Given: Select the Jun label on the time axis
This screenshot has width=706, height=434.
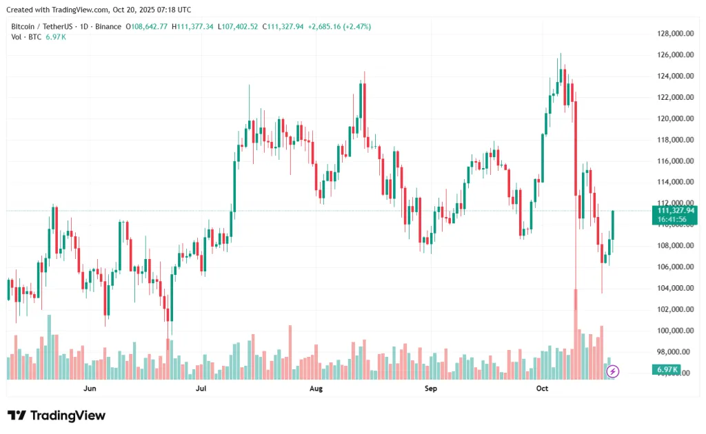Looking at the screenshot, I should click(x=90, y=389).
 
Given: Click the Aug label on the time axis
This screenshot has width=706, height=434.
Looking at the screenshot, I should click(x=316, y=389).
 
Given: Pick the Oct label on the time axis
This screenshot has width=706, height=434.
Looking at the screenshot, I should click(x=542, y=389).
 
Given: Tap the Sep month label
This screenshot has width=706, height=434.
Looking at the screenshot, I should click(x=431, y=389).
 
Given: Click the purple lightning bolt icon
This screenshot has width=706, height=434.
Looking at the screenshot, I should click(x=613, y=371).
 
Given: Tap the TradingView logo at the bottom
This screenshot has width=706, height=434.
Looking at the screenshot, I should click(x=57, y=415).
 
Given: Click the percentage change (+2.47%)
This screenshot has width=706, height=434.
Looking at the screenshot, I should click(x=354, y=26).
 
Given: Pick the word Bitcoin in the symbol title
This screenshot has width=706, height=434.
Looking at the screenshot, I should click(x=25, y=26).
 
